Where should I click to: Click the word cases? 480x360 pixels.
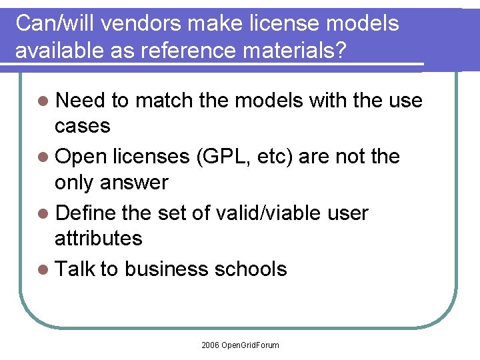tap(83, 126)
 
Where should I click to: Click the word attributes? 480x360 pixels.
tap(99, 238)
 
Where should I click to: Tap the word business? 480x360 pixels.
tap(166, 269)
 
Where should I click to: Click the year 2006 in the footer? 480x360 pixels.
tap(210, 345)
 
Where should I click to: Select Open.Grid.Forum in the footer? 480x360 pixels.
tap(251, 345)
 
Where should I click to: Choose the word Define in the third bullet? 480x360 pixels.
tap(86, 213)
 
